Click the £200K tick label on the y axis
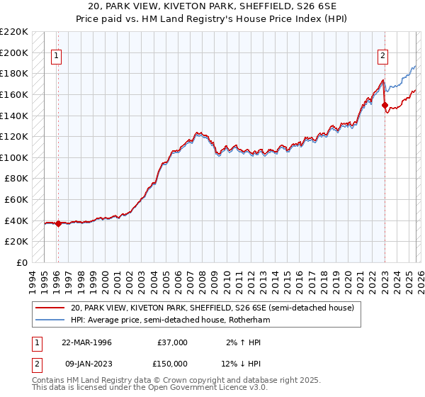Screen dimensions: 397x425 tap(14, 52)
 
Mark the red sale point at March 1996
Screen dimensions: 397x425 tap(58, 223)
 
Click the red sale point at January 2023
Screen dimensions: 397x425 tap(385, 106)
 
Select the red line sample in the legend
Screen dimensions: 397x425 tap(50, 308)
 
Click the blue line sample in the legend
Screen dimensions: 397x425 tap(50, 320)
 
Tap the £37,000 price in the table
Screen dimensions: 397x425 tap(172, 342)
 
